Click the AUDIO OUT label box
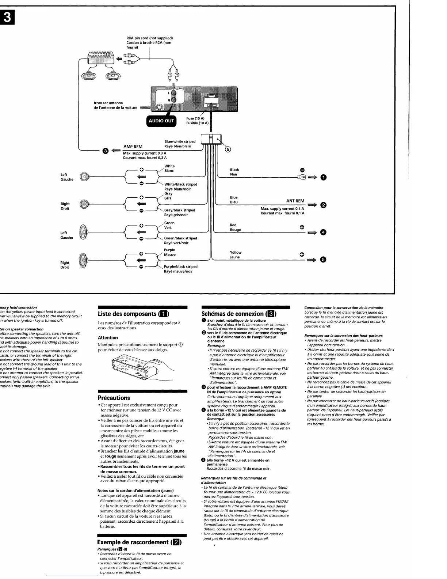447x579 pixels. pyautogui.click(x=161, y=121)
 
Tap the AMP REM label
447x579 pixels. pyautogui.click(x=133, y=147)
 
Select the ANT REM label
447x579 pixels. pyautogui.click(x=295, y=201)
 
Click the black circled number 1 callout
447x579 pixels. pyautogui.click(x=323, y=178)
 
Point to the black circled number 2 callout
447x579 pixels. pyautogui.click(x=323, y=205)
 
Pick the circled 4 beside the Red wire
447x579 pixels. pyautogui.click(x=323, y=232)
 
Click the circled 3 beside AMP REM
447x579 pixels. pyautogui.click(x=105, y=151)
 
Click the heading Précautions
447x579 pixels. pyautogui.click(x=114, y=398)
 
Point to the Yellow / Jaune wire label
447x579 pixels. pyautogui.click(x=236, y=255)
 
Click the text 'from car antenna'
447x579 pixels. pyautogui.click(x=108, y=103)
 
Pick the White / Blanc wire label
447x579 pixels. pyautogui.click(x=169, y=168)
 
